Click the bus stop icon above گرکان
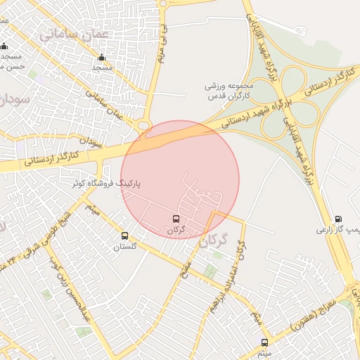(x=176, y=219)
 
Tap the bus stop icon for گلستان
(x=125, y=236)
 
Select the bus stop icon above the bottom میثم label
(x=264, y=342)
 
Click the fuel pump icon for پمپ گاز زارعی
(x=339, y=219)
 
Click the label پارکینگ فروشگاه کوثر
(x=106, y=184)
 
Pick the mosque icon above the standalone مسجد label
(x=102, y=58)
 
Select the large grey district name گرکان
(x=214, y=242)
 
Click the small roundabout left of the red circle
(x=144, y=126)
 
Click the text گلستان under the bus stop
(x=125, y=247)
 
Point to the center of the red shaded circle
(x=180, y=180)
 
